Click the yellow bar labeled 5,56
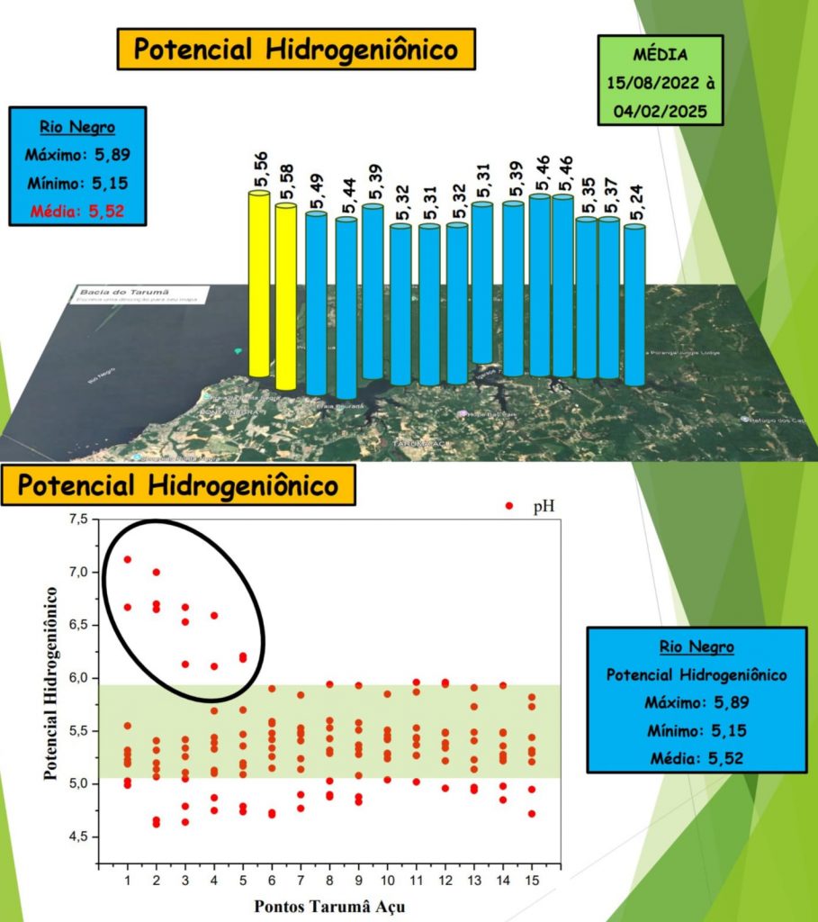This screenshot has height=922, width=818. tap(259, 284)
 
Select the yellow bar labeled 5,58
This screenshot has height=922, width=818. tap(286, 297)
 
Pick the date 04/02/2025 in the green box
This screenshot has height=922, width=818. tap(660, 110)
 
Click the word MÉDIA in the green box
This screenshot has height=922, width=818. tap(660, 55)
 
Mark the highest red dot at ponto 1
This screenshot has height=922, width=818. tap(128, 559)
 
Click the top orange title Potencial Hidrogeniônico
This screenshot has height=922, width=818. tap(295, 50)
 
